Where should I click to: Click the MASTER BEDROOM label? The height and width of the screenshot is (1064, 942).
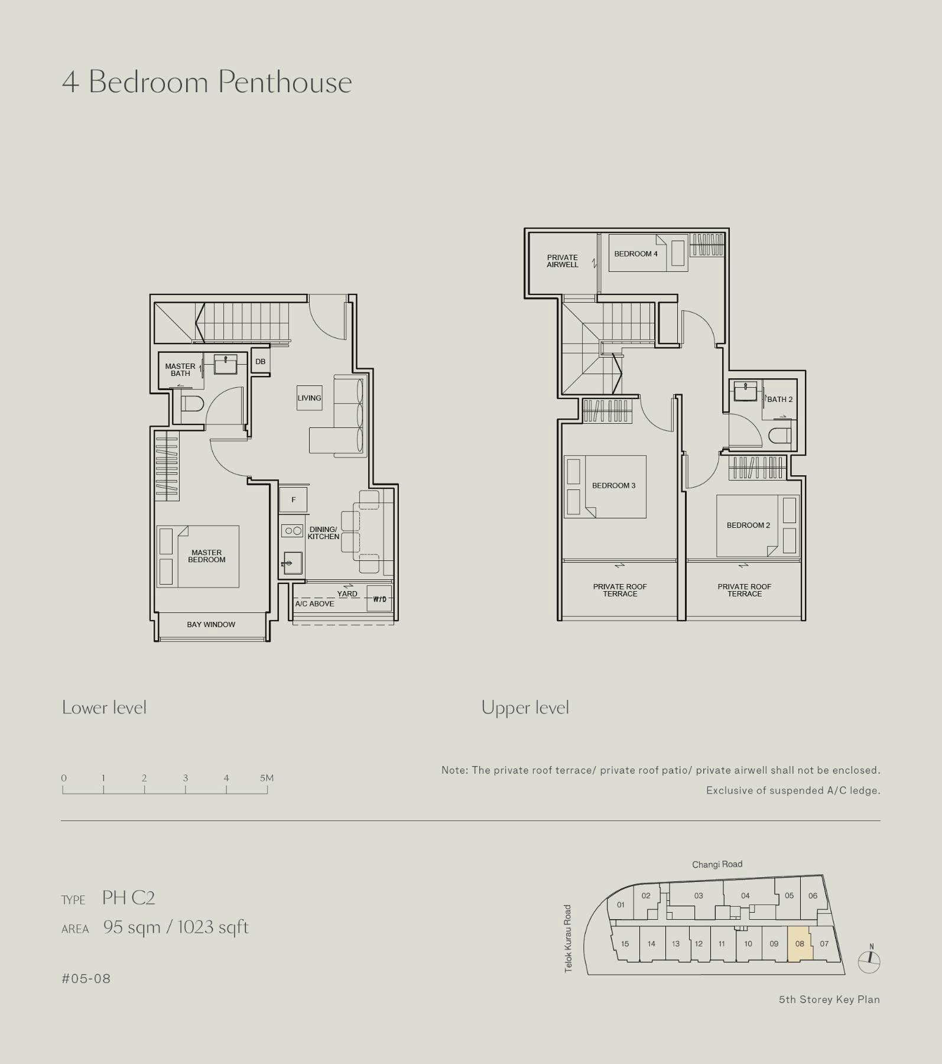[x=207, y=556]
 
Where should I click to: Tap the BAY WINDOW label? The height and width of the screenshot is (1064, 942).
[x=211, y=625]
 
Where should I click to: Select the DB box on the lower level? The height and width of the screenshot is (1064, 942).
[x=261, y=362]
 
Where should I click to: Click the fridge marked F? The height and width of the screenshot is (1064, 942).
[x=293, y=500]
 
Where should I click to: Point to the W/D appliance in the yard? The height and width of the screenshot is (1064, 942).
[x=379, y=599]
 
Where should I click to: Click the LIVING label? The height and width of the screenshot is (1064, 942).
[x=310, y=398]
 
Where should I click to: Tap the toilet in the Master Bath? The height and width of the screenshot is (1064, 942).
[x=191, y=404]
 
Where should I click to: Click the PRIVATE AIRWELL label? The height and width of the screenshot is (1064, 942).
[x=563, y=261]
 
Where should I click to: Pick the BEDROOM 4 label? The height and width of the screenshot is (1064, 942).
[x=636, y=254]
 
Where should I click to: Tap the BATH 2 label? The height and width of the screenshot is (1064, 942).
[x=780, y=400]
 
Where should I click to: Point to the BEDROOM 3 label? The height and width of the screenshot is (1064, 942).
[x=614, y=486]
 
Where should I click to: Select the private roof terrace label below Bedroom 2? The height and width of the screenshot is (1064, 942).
[x=745, y=591]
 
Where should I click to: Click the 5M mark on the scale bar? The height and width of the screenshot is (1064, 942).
[x=267, y=778]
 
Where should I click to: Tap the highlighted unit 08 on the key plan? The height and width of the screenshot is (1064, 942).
[x=800, y=943]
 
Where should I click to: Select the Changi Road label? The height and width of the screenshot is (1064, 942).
[x=717, y=864]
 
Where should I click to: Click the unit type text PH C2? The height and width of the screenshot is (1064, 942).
[x=128, y=898]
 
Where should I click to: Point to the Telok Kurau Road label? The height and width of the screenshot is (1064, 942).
[x=568, y=939]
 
